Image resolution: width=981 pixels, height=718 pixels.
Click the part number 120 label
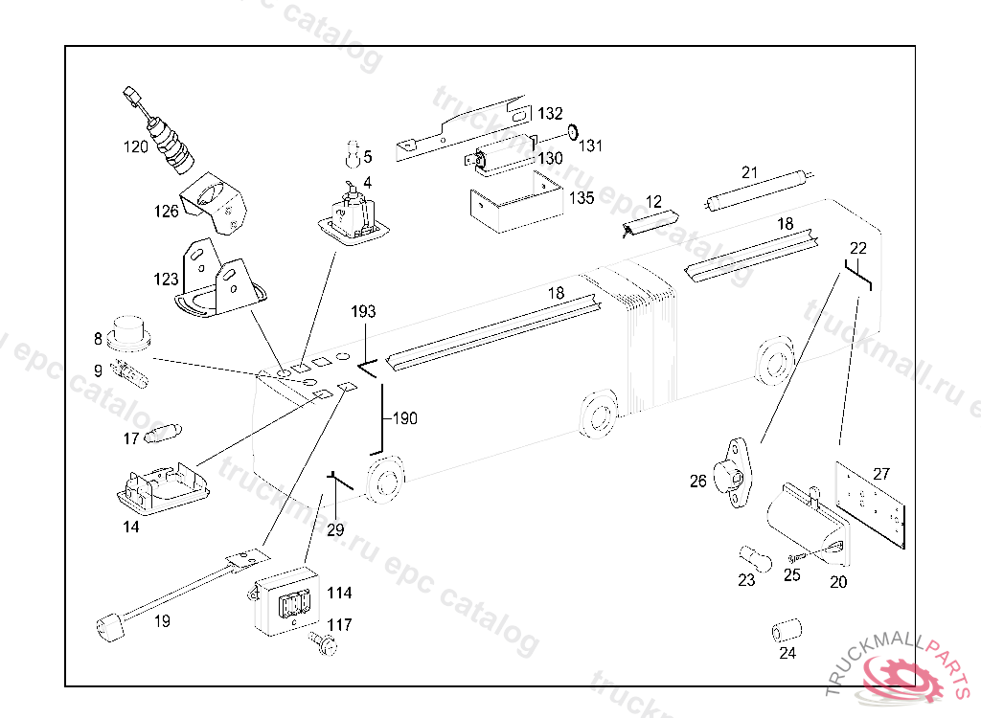[135, 146]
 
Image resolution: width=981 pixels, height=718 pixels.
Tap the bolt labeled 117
[322, 646]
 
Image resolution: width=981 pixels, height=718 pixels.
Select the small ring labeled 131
[572, 131]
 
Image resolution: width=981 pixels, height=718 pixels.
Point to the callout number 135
[582, 198]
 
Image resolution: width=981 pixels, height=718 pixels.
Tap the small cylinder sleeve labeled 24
[787, 632]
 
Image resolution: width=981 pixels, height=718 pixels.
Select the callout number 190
[404, 418]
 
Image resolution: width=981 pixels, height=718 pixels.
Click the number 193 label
[364, 312]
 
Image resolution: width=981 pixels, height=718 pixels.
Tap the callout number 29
[334, 529]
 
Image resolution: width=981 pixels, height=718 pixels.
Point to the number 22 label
[857, 248]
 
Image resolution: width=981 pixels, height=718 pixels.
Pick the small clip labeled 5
[352, 152]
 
